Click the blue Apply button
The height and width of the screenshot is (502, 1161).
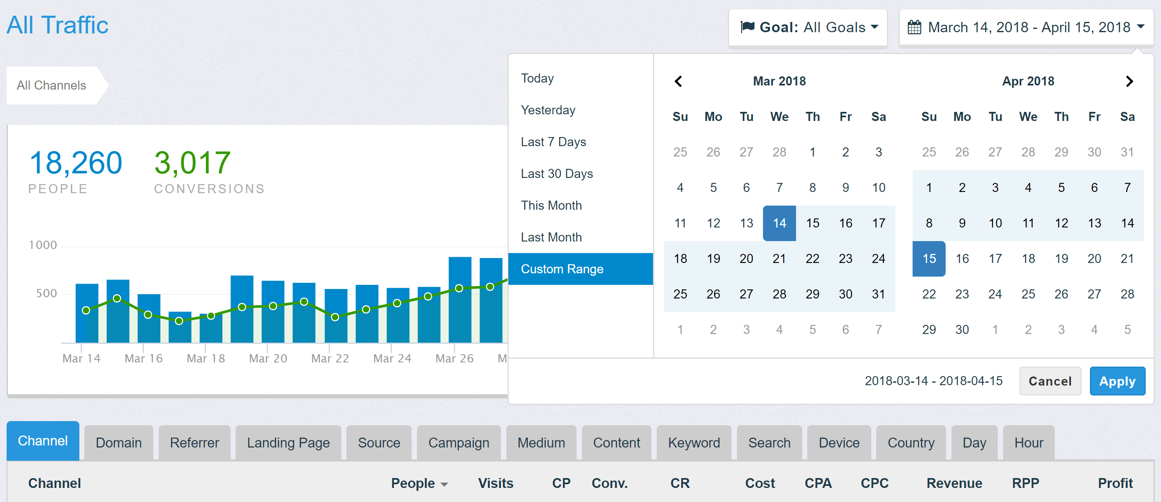coord(1117,381)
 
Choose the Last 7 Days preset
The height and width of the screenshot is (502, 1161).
coord(553,142)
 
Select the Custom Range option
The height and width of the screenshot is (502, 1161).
coord(562,269)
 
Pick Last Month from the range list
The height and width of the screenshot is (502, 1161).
coord(551,237)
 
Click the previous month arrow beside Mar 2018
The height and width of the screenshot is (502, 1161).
coord(678,81)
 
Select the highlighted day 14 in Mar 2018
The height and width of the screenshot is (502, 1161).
coord(779,223)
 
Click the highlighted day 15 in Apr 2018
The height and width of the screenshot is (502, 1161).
coord(928,258)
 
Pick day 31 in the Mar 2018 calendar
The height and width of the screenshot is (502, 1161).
coord(878,294)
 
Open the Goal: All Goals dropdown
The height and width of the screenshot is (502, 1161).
coord(808,28)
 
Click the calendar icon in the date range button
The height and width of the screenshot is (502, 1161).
coord(914,28)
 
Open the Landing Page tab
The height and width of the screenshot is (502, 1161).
coord(288,443)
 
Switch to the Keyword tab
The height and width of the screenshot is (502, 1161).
coord(694,443)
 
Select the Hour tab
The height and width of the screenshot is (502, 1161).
coord(1028,443)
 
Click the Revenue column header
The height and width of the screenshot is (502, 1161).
coord(954,483)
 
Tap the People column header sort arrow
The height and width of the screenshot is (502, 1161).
coord(444,484)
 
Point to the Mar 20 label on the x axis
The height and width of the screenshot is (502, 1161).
coord(268,358)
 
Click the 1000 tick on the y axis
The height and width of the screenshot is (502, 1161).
coord(43,245)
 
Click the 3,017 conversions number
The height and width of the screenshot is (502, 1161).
coord(193,163)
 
